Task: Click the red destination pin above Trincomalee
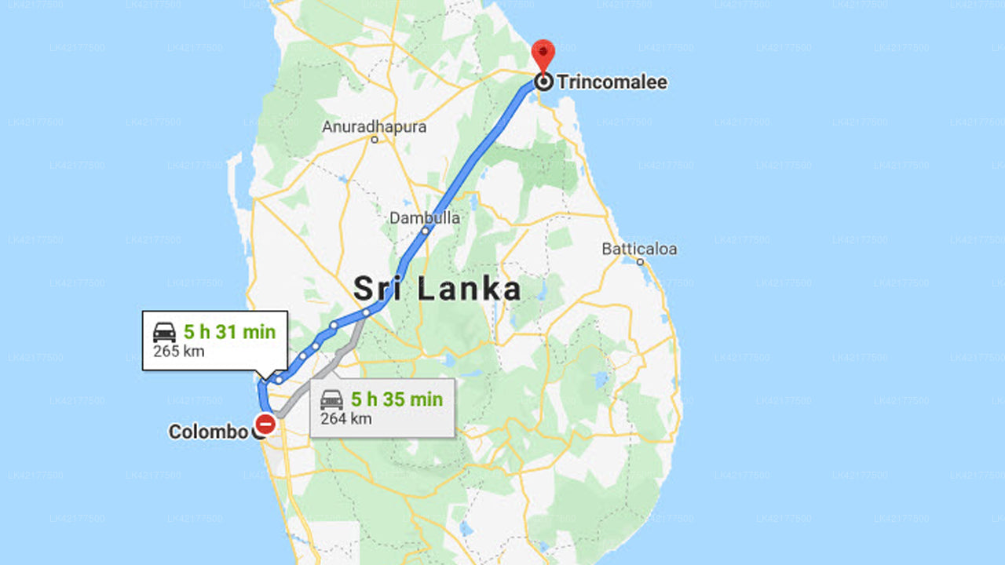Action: point(543,53)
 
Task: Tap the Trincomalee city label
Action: point(612,82)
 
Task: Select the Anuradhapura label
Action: point(375,126)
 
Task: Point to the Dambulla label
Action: point(425,218)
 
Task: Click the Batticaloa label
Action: point(639,250)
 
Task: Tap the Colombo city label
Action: point(208,432)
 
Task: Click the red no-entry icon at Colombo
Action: point(265,425)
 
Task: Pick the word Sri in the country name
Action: point(379,289)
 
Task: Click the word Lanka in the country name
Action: point(469,289)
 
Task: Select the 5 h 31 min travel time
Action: point(229,332)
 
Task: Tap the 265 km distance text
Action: point(178,352)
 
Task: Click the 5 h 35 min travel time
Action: point(397,399)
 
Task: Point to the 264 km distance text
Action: point(345,419)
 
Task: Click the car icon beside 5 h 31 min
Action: point(165,333)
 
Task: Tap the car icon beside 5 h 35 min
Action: point(332,400)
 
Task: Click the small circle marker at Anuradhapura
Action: point(375,140)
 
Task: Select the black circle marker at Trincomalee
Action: point(543,82)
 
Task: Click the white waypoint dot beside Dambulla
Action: point(425,231)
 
